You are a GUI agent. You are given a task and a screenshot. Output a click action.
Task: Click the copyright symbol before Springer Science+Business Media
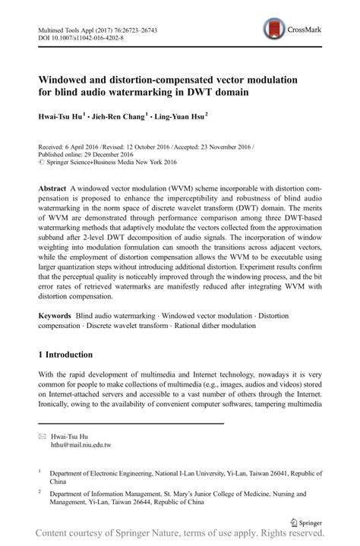[x=41, y=160]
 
